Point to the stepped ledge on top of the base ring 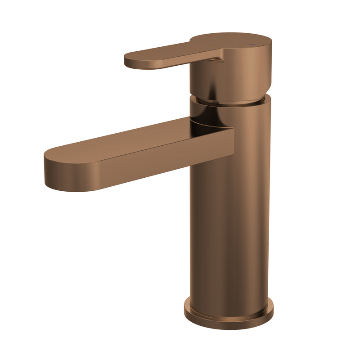tap(229, 301)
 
